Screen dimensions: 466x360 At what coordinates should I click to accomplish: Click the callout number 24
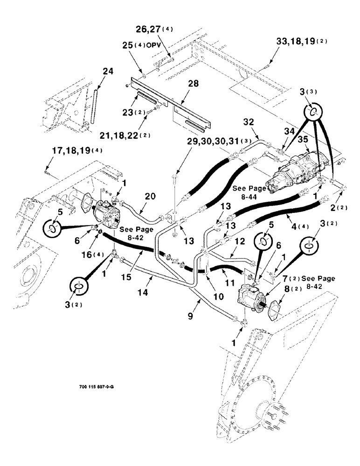tap(108, 72)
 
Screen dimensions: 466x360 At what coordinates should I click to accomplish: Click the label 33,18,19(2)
tap(302, 41)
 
